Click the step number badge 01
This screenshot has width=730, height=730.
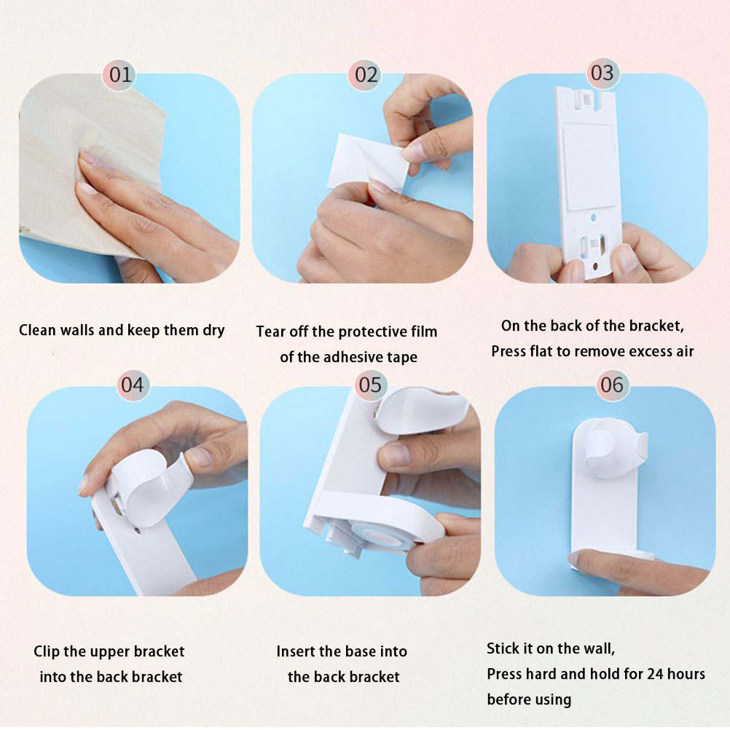coord(120,74)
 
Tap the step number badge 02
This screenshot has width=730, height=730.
coord(366,75)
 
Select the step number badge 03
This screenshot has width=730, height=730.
coord(603,73)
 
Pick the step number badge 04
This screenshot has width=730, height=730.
coord(133,385)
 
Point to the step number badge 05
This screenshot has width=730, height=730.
coord(370,385)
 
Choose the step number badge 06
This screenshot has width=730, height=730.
coord(612,385)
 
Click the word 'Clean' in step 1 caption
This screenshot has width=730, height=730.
coord(38,330)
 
